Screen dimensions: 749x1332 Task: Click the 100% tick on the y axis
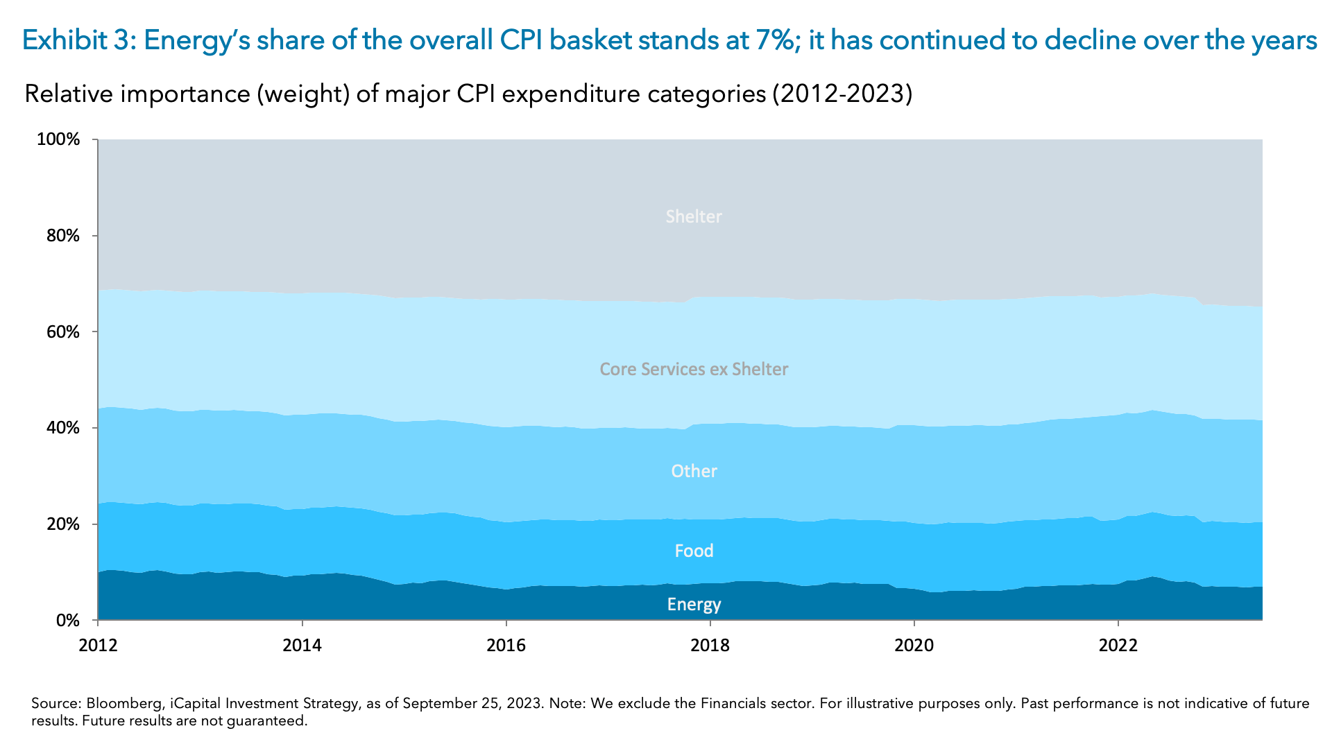pyautogui.click(x=58, y=139)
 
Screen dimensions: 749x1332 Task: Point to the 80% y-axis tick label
pyautogui.click(x=63, y=236)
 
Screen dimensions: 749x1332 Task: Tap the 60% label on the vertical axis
pyautogui.click(x=63, y=332)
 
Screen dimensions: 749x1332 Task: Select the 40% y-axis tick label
pyautogui.click(x=63, y=429)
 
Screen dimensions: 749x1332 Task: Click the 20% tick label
pyautogui.click(x=63, y=524)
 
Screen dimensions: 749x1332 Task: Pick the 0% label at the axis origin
pyautogui.click(x=67, y=621)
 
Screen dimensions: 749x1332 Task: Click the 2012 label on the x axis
pyautogui.click(x=98, y=646)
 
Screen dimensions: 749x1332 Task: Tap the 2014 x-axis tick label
pyautogui.click(x=302, y=646)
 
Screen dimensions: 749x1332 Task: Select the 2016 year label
pyautogui.click(x=506, y=646)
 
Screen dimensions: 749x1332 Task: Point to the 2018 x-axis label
pyautogui.click(x=710, y=646)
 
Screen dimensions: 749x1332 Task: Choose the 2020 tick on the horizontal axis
pyautogui.click(x=914, y=646)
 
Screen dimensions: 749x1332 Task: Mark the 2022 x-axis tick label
pyautogui.click(x=1118, y=646)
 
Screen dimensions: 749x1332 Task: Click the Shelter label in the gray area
pyautogui.click(x=694, y=216)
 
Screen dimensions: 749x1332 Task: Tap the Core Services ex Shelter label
pyautogui.click(x=694, y=369)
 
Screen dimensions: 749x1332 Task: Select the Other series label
pyautogui.click(x=694, y=471)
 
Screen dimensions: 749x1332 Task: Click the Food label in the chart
pyautogui.click(x=694, y=551)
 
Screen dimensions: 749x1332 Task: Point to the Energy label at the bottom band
pyautogui.click(x=694, y=604)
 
